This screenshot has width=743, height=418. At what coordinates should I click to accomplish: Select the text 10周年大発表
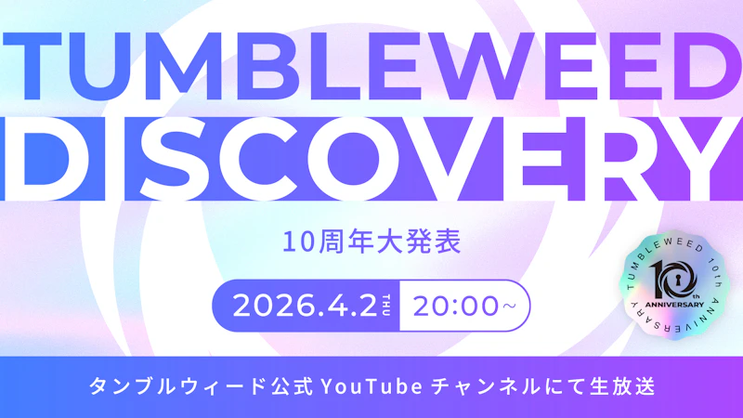371,245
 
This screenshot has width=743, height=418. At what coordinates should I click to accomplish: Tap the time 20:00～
464,306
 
